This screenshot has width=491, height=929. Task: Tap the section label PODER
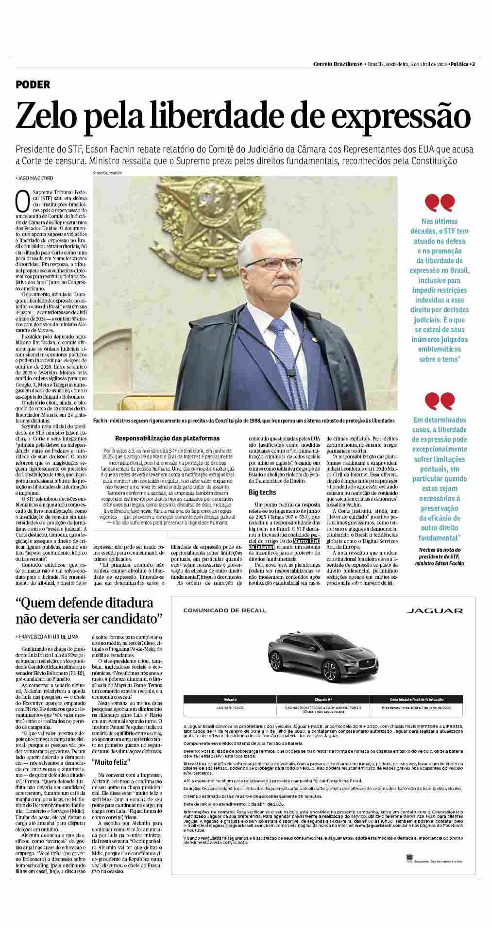[x=33, y=85]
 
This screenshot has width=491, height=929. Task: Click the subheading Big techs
[x=259, y=492]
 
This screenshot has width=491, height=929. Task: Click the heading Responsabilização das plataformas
[x=167, y=438]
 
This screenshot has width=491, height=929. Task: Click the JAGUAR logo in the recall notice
[x=434, y=610]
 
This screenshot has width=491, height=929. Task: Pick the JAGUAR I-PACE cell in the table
[x=230, y=708]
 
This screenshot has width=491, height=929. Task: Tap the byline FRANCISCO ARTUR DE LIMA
[x=47, y=636]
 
